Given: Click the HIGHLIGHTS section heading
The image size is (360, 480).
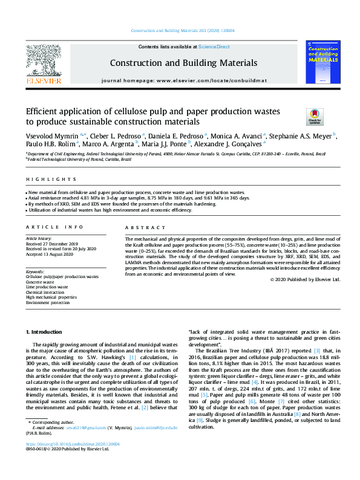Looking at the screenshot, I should click(43, 180).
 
